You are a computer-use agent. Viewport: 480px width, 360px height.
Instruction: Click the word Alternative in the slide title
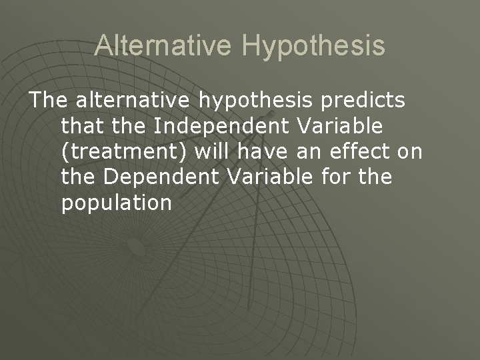163,45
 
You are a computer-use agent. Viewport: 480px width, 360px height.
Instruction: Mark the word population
116,203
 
